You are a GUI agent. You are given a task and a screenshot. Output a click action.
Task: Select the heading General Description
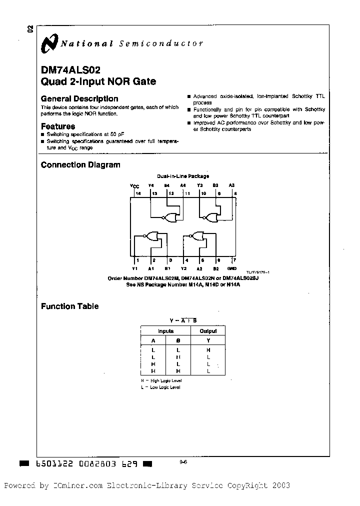tap(79, 98)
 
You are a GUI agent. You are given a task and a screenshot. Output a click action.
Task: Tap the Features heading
tap(58, 126)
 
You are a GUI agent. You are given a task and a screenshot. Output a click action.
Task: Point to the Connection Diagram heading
tap(80, 164)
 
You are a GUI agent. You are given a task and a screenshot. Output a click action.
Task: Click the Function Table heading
tap(69, 306)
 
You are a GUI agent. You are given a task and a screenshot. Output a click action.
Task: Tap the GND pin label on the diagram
tap(232, 268)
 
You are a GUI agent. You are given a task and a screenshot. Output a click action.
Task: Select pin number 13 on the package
tap(154, 193)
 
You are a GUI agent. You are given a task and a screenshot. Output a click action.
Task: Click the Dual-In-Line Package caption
tap(182, 176)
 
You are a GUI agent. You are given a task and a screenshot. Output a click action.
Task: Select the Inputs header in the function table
tap(166, 331)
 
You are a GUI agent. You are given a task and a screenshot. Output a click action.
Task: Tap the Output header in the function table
tap(208, 331)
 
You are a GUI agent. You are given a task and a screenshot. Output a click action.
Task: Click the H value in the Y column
tap(208, 350)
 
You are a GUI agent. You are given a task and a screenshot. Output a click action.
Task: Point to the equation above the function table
tap(184, 320)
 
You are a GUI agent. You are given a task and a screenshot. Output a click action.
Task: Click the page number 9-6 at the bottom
tap(182, 462)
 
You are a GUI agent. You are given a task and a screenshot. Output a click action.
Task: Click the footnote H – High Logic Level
tap(160, 381)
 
